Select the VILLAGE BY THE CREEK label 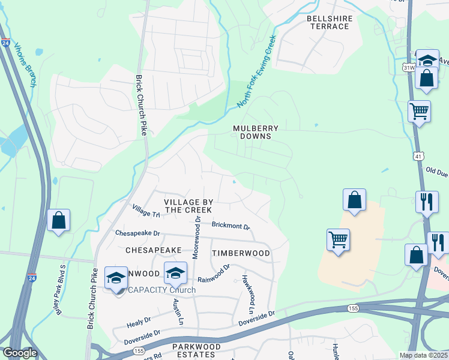coord(188,206)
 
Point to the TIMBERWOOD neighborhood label coord(241,253)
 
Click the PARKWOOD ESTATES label coord(196,350)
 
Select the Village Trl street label coord(146,211)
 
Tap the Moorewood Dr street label coord(196,238)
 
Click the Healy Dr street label coord(136,323)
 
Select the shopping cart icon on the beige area coord(339,240)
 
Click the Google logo coord(19,353)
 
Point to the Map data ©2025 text coord(423,355)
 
